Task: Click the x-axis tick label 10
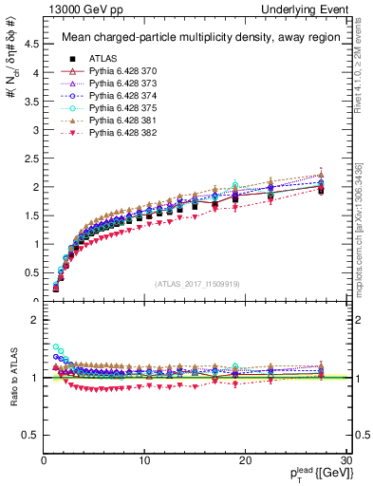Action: point(144,460)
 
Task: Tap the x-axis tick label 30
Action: point(346,460)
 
